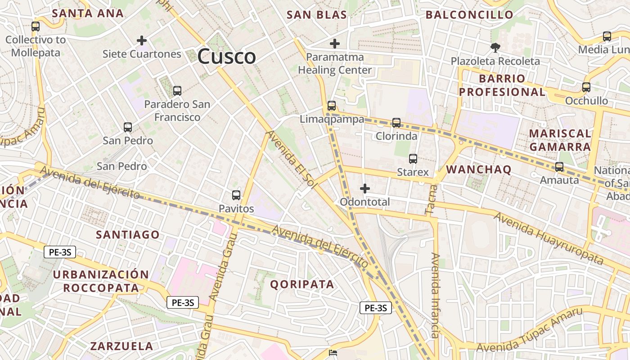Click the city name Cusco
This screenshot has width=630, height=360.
[x=226, y=57]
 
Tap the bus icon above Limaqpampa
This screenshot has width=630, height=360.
[x=332, y=106]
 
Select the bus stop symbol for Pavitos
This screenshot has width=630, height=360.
[x=236, y=195]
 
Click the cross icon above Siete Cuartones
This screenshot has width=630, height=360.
[x=142, y=40]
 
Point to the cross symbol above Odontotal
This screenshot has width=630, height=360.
[x=365, y=189]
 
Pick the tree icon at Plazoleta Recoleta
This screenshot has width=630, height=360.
[x=495, y=47]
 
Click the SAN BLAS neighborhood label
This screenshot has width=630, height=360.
[x=317, y=15]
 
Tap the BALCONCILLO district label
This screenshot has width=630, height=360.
[x=469, y=15]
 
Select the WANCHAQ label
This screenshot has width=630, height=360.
[x=478, y=170]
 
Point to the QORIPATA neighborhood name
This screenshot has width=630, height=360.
[x=302, y=284]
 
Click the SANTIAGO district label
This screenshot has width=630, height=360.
[x=128, y=234]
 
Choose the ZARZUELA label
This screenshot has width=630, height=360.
[x=122, y=346]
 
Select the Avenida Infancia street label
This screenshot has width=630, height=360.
[x=435, y=295]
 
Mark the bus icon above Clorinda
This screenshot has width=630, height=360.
[x=396, y=122]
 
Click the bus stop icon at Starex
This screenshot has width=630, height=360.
[x=413, y=159]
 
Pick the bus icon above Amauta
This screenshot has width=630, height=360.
[x=559, y=167]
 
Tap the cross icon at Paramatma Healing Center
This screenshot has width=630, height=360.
[x=335, y=44]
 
